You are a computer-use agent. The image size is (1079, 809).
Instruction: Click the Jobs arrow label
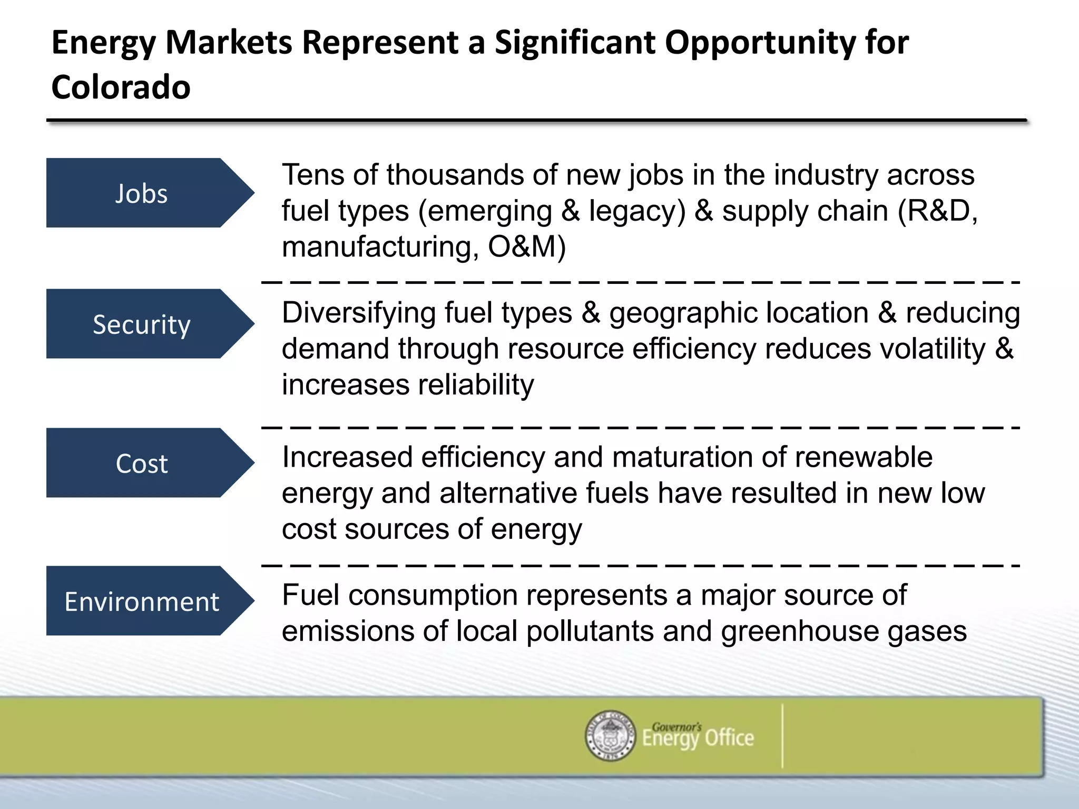[x=141, y=193]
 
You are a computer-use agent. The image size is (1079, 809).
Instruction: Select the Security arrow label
[x=141, y=324]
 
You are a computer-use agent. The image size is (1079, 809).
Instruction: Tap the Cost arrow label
[x=141, y=463]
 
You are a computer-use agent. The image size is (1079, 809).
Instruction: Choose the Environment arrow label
[x=141, y=601]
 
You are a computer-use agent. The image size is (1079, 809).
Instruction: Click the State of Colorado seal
[x=610, y=735]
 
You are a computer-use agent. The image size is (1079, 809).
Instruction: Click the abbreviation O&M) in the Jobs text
[x=526, y=246]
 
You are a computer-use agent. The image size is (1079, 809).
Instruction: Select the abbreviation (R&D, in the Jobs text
[x=937, y=211]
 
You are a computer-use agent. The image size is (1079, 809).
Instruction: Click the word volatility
[x=925, y=349]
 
